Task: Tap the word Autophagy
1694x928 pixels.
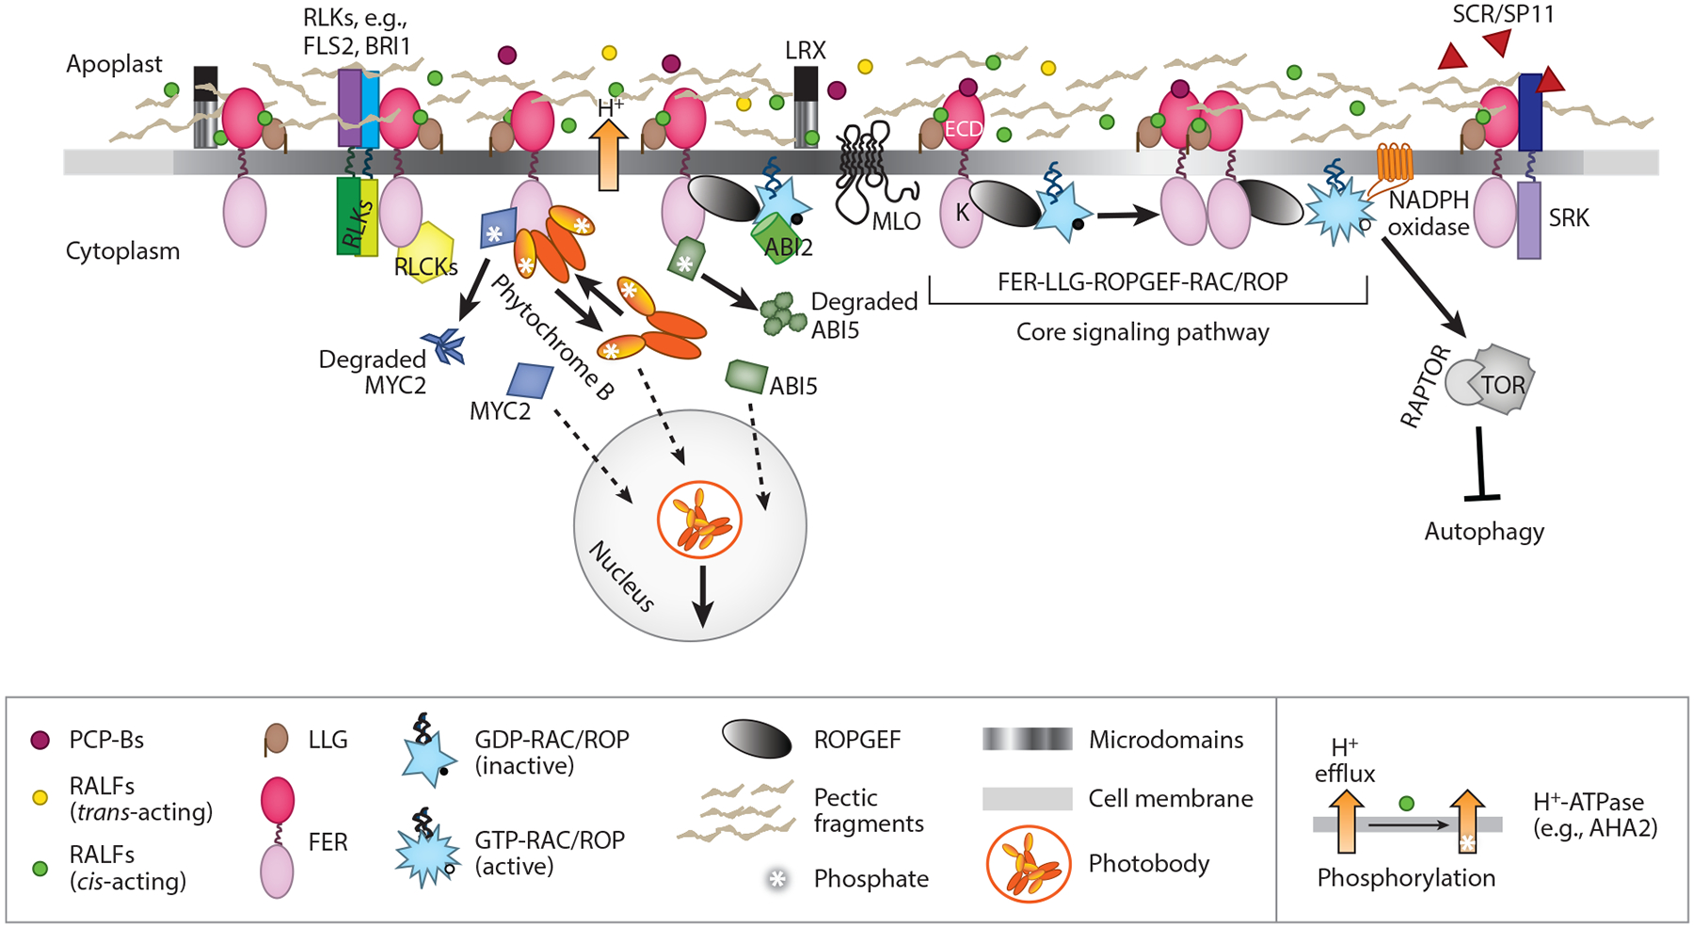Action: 1484,532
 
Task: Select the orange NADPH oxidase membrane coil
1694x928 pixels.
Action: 1395,161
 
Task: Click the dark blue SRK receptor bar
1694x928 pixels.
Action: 1530,113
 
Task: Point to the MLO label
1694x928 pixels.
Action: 895,223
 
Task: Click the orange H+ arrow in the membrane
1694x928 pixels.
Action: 609,155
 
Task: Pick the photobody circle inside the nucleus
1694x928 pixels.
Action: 699,520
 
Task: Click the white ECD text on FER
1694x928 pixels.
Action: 963,130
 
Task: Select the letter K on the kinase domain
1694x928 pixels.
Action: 962,213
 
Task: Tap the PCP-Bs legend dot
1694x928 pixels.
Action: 40,740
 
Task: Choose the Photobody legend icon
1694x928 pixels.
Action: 1028,864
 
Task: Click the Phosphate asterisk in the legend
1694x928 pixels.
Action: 777,879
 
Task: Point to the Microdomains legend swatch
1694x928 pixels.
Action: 1027,740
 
